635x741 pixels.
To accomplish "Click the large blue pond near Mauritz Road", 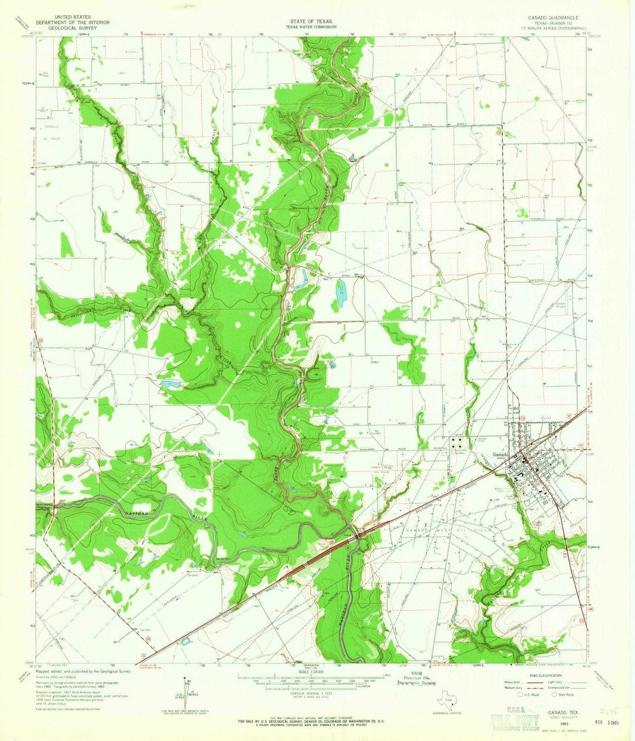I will (x=340, y=293).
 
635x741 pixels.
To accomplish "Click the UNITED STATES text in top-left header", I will (x=68, y=18).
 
